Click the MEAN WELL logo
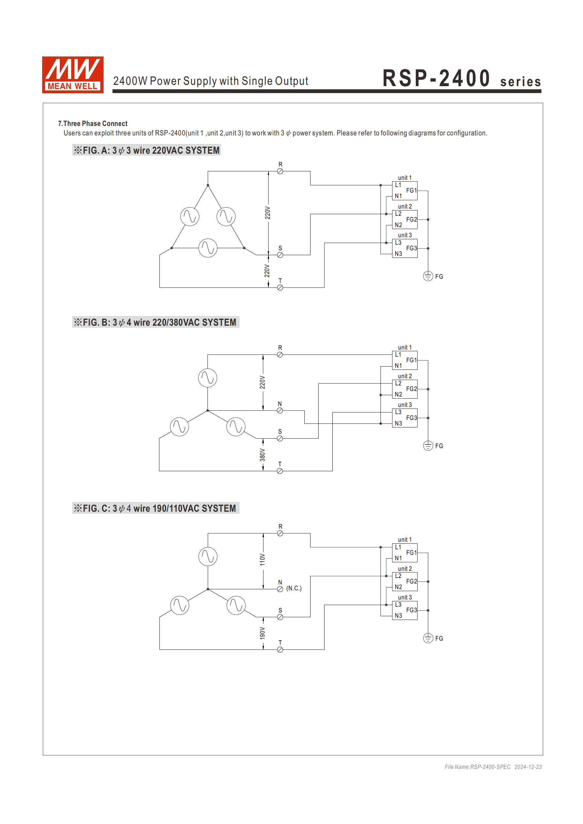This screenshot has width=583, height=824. tap(73, 75)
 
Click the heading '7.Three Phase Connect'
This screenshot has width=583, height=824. tap(93, 123)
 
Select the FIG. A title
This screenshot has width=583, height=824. tap(147, 150)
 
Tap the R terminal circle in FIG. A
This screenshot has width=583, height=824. tap(280, 172)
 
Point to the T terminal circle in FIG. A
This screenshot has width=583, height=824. tap(280, 288)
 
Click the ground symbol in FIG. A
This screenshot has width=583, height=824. tap(428, 276)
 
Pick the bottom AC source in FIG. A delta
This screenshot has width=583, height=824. tap(208, 248)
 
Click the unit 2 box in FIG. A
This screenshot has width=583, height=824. tap(404, 219)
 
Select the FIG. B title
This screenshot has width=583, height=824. tap(155, 322)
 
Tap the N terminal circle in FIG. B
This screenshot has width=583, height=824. tap(280, 411)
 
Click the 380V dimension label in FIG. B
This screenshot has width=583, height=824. tap(263, 455)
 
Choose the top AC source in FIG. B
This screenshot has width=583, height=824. tap(208, 378)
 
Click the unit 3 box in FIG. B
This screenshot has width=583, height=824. tap(404, 418)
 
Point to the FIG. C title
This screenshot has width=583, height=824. tap(155, 508)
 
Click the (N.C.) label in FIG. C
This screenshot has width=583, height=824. tap(294, 588)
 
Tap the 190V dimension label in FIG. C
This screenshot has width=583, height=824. tap(263, 633)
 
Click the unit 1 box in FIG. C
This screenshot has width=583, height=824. tap(404, 553)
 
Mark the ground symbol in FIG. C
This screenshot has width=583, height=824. tap(428, 638)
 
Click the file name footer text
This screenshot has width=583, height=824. tap(493, 767)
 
